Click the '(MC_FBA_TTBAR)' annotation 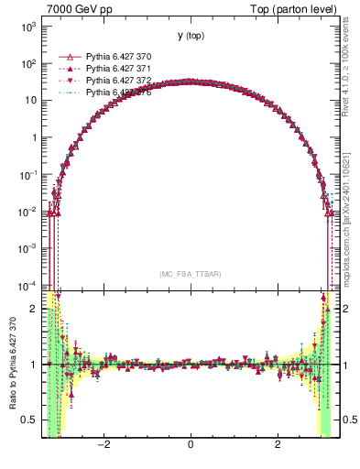click(x=190, y=274)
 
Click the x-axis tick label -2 click(x=105, y=444)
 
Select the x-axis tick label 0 click(x=190, y=444)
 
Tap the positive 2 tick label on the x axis click(x=278, y=444)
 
